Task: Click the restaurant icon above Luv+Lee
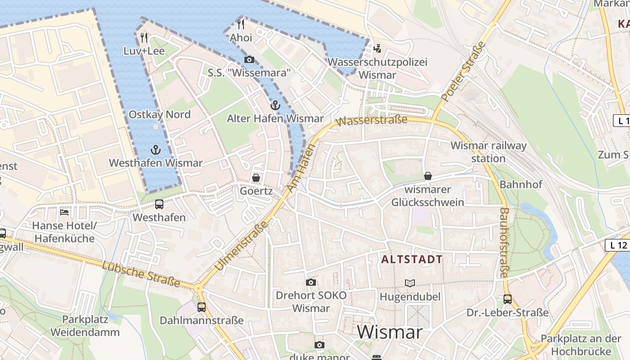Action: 144,37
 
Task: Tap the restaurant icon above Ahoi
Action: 241,24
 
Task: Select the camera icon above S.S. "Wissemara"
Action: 249,59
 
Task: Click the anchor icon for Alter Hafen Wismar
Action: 275,106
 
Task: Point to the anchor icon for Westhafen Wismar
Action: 156,150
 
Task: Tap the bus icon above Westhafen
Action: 159,204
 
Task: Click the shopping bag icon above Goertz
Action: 256,178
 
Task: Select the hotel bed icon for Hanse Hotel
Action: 65,211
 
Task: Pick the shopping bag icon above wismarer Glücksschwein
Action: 427,176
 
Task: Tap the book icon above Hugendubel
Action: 409,283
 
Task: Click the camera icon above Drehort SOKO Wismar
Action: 310,282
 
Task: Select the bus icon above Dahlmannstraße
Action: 202,307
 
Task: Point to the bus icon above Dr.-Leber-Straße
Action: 507,299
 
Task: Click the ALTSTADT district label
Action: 412,260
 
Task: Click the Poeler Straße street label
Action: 464,71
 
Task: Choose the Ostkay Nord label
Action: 160,114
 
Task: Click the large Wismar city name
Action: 390,333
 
